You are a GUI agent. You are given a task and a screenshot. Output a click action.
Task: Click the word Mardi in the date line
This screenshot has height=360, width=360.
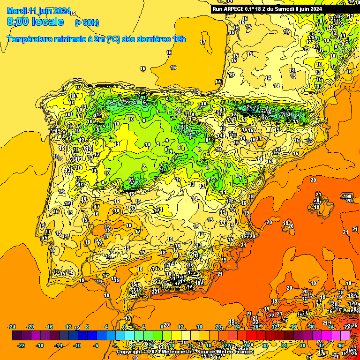pos(16,11)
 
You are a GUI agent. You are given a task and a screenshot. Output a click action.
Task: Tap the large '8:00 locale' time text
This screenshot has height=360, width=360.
pos(35,22)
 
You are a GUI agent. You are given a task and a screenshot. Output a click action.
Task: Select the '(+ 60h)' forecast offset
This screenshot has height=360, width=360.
pos(87,22)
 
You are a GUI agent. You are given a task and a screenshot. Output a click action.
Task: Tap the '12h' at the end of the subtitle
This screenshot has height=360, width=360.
pos(179,39)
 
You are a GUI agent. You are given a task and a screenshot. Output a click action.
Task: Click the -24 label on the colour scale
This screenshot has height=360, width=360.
pos(12,327)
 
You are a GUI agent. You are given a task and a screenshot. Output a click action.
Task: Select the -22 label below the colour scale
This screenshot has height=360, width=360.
pos(21,345)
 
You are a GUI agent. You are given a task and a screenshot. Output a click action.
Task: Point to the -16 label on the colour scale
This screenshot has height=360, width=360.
pos(49,327)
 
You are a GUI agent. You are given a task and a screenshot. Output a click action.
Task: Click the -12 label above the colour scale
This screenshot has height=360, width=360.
pos(68,327)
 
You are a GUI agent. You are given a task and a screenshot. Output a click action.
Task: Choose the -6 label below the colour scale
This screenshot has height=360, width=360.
pos(96,345)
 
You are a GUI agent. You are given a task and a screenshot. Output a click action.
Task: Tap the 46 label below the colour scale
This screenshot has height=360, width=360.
pos(340,345)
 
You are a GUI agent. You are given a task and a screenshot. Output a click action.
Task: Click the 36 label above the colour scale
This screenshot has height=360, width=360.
pos(293,327)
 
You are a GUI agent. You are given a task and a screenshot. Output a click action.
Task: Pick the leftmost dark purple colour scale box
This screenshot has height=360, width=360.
pos(17,336)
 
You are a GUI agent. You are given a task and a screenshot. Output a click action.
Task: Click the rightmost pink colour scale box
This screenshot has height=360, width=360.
pos(345,336)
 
